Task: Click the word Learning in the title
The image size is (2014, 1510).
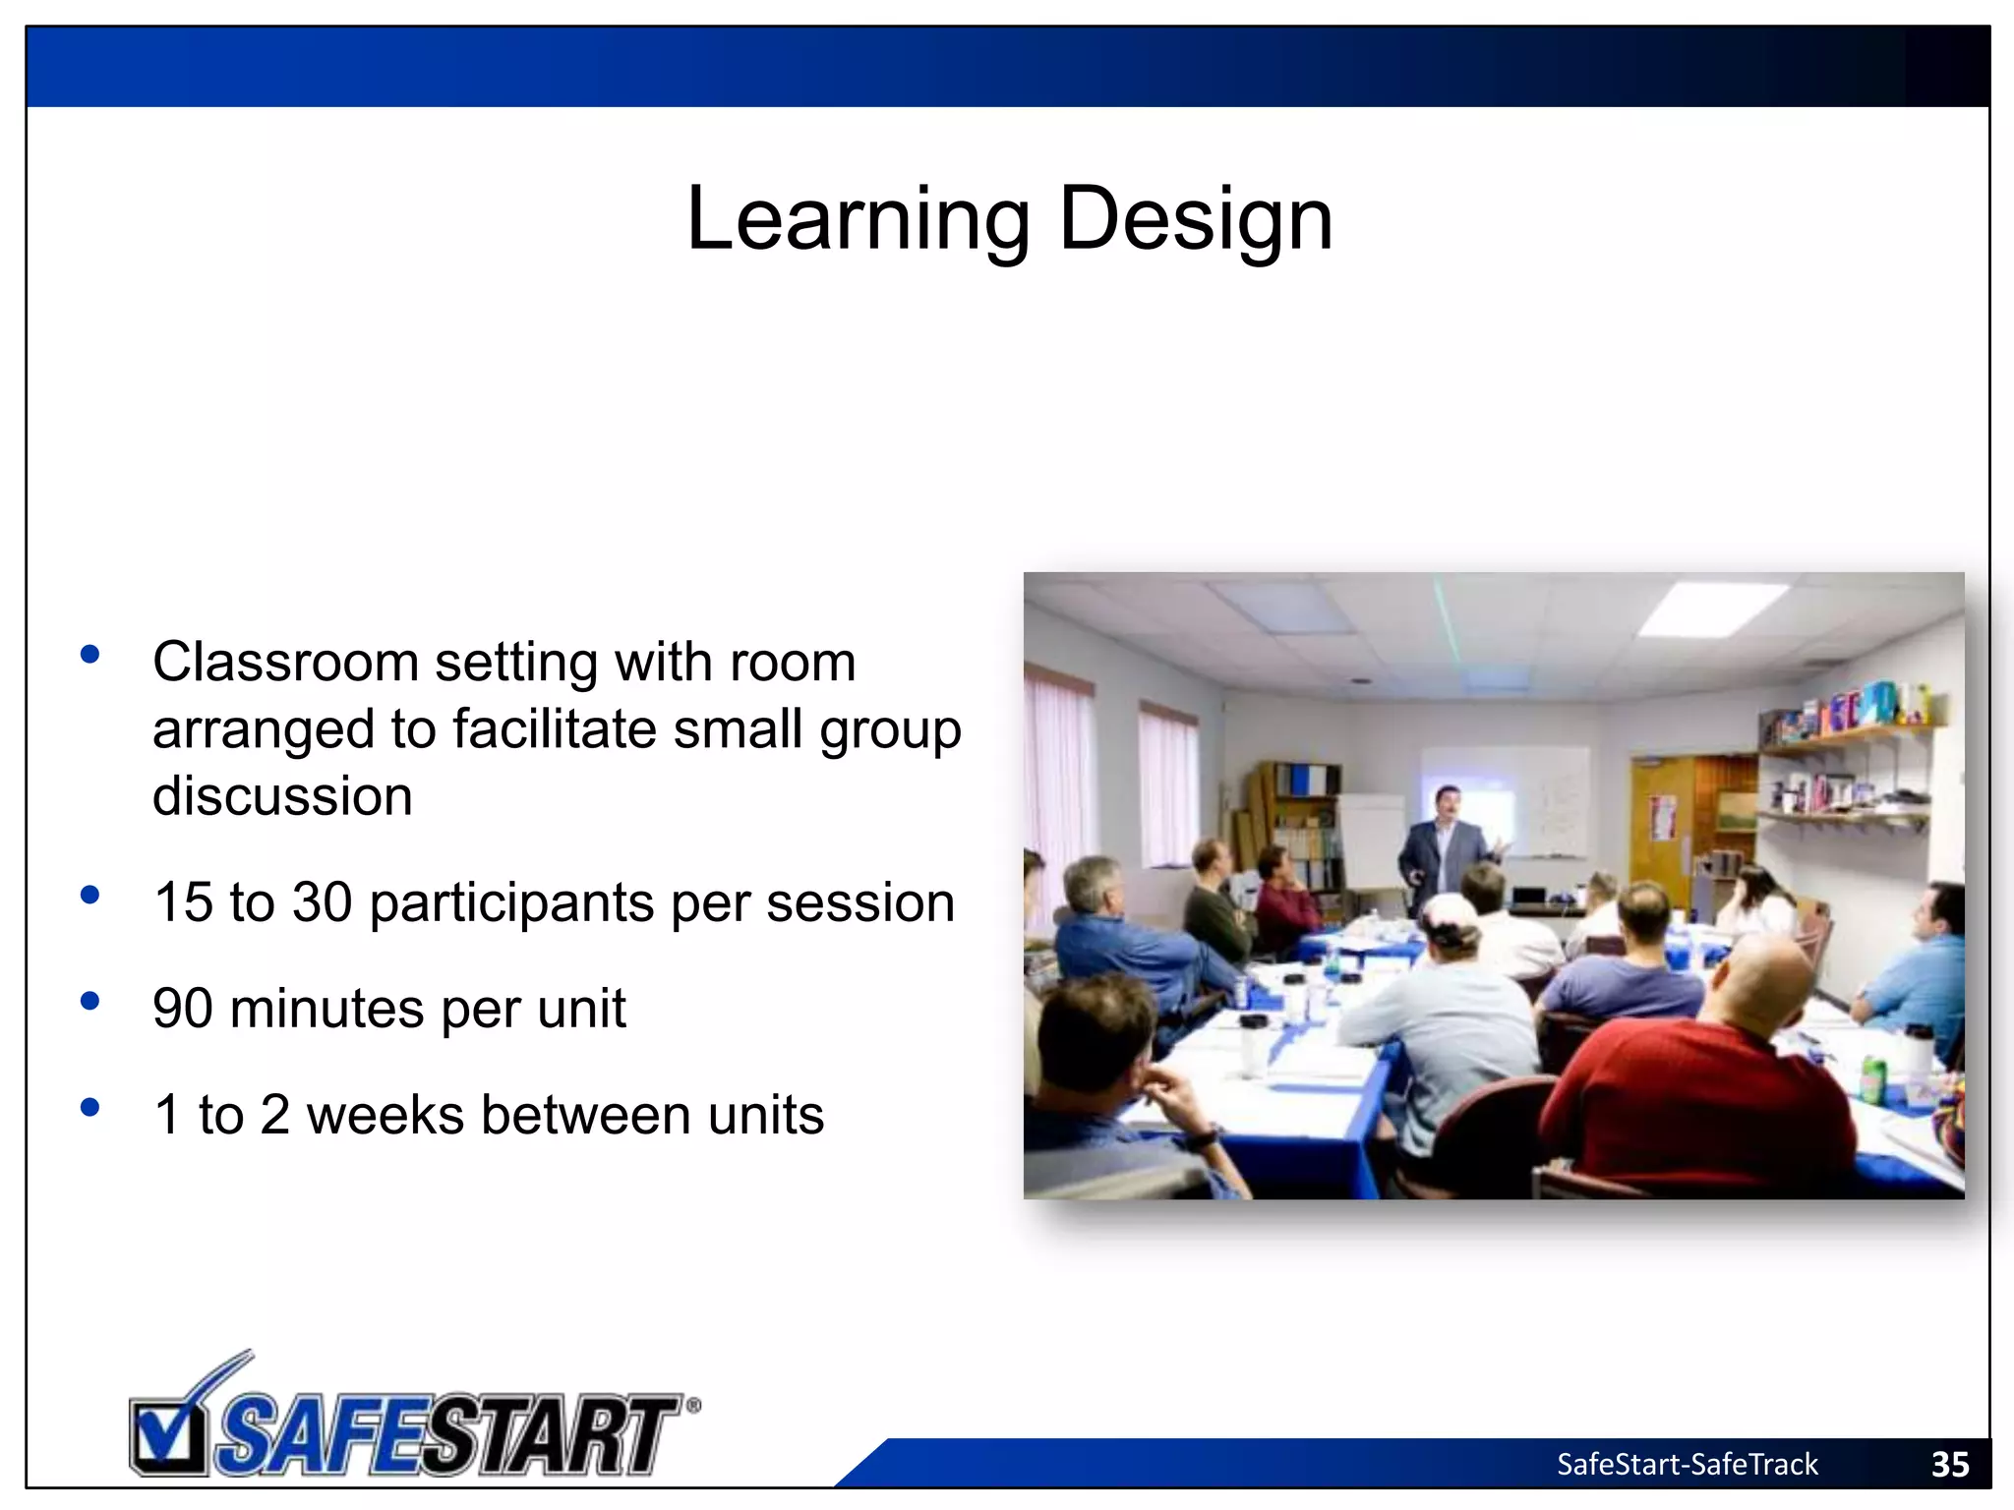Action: (x=857, y=220)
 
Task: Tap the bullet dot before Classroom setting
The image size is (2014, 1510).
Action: (x=90, y=655)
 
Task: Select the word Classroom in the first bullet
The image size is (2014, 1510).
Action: (x=285, y=662)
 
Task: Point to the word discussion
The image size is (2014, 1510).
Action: (x=282, y=796)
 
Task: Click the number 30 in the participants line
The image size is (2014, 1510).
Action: (x=322, y=902)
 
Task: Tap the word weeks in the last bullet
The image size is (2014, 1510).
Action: (x=385, y=1116)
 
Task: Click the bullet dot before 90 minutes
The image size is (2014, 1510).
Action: (x=90, y=1002)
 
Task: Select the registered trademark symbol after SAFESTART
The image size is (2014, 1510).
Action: (x=693, y=1406)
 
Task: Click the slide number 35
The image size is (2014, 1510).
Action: (x=1949, y=1465)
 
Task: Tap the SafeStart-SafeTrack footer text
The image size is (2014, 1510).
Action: (x=1687, y=1465)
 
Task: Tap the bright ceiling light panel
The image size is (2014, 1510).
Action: (x=1711, y=608)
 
